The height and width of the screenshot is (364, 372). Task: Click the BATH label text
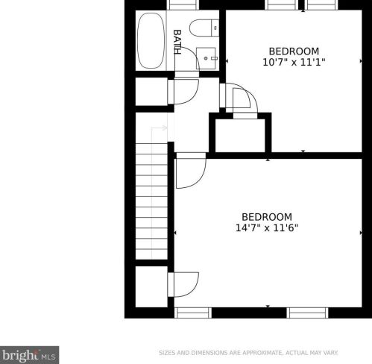pos(177,41)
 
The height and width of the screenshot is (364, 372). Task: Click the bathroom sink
pos(207,57)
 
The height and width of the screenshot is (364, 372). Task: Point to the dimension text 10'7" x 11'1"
pos(294,63)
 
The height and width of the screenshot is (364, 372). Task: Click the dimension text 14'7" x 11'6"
pos(266,229)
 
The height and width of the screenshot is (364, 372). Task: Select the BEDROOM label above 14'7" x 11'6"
pos(266,217)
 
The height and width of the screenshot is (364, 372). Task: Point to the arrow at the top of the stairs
pos(158,128)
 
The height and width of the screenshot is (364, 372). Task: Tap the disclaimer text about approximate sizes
pos(248,352)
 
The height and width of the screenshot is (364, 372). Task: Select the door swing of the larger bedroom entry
pos(189,172)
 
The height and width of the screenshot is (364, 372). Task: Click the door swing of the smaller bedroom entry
pos(242,100)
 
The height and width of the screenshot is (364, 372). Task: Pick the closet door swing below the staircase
pos(184,284)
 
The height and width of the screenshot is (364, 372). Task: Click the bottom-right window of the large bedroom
pos(307,313)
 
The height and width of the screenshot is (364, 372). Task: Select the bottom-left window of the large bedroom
pos(192,313)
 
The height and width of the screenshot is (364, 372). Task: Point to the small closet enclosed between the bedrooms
pos(239,134)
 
